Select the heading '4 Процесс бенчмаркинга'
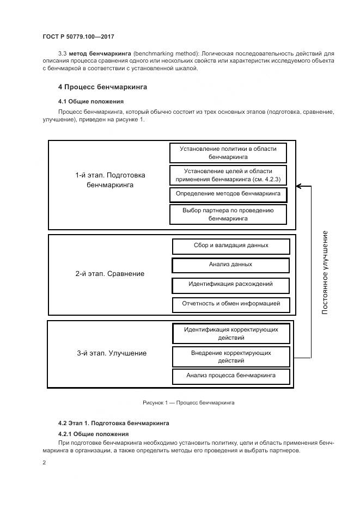click(x=102, y=87)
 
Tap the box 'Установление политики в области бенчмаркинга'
click(x=228, y=152)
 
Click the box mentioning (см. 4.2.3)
click(x=228, y=174)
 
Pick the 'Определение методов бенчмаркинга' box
click(x=228, y=194)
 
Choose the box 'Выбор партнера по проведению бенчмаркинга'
click(x=228, y=214)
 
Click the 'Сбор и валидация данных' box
click(x=231, y=246)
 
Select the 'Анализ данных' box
click(x=231, y=265)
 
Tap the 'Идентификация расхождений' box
click(x=231, y=285)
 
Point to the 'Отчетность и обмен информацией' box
click(x=231, y=304)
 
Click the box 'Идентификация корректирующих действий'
click(x=231, y=333)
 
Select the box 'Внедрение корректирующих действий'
click(x=231, y=357)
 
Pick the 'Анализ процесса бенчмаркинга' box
click(x=231, y=376)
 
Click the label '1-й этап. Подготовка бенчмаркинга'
click(x=110, y=180)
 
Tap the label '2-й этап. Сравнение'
click(x=110, y=274)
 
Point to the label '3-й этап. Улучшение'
click(x=112, y=353)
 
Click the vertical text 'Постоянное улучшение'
click(x=325, y=272)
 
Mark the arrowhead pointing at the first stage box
click(x=299, y=186)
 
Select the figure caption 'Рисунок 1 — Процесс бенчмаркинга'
click(x=188, y=403)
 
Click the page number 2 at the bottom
click(x=44, y=463)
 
